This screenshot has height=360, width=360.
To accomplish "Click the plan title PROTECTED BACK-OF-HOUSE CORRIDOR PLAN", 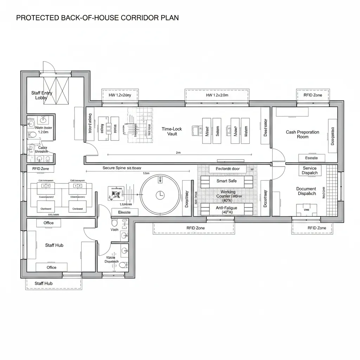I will coord(97,18).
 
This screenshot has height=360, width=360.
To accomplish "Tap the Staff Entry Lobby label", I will coord(41,95).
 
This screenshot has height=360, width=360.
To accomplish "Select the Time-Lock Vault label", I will coord(172,131).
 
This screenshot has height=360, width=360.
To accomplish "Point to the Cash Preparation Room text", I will coord(302,134).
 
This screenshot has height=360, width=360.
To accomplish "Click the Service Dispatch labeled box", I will coord(309,171).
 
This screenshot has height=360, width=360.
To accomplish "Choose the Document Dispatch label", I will coord(306,191).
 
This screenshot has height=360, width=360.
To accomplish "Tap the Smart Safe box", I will coord(226,181).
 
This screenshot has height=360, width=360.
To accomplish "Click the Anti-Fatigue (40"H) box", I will coord(226,210).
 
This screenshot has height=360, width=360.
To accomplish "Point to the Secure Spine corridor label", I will coord(122,168).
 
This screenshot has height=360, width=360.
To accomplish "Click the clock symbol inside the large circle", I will coord(160,194).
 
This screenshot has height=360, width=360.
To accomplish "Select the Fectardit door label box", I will coord(227,169).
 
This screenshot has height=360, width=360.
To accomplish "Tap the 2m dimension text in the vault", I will coord(178,153).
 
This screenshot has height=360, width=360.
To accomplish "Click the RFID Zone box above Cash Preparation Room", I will coord(313,95).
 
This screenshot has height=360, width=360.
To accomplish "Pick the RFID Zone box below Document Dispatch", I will coord(316,228).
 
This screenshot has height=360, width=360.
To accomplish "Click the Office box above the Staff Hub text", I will coord(49,223).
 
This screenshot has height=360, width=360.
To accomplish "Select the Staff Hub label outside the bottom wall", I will coord(44,283).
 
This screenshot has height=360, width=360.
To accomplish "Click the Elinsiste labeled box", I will coord(124,212).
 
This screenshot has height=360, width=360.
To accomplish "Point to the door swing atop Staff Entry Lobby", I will coord(49,67).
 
